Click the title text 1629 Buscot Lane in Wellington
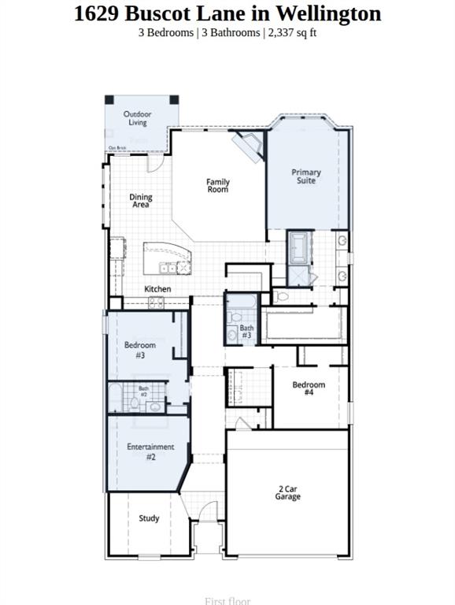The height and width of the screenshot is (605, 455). tap(227, 13)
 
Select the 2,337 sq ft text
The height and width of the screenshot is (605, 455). tap(293, 32)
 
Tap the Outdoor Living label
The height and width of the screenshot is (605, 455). tap(138, 118)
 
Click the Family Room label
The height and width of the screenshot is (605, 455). tap(218, 186)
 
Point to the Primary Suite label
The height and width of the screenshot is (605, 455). tap(306, 176)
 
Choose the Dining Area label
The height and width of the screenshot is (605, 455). tap(141, 201)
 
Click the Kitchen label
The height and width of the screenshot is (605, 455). tap(157, 289)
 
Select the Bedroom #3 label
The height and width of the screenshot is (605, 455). tap(140, 350)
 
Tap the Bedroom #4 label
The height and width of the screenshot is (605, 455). tap(309, 389)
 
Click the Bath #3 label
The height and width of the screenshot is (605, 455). tap(246, 332)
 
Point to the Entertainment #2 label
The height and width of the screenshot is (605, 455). tap(150, 451)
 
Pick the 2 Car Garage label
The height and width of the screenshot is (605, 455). tap(287, 492)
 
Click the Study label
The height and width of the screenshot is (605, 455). tap(149, 518)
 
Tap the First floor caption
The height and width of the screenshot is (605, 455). tap(227, 601)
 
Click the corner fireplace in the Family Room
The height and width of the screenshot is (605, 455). tap(253, 147)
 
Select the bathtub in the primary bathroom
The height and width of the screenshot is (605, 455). tap(299, 247)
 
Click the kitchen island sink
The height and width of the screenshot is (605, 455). tap(168, 266)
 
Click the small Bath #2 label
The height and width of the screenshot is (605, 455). tap(144, 390)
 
